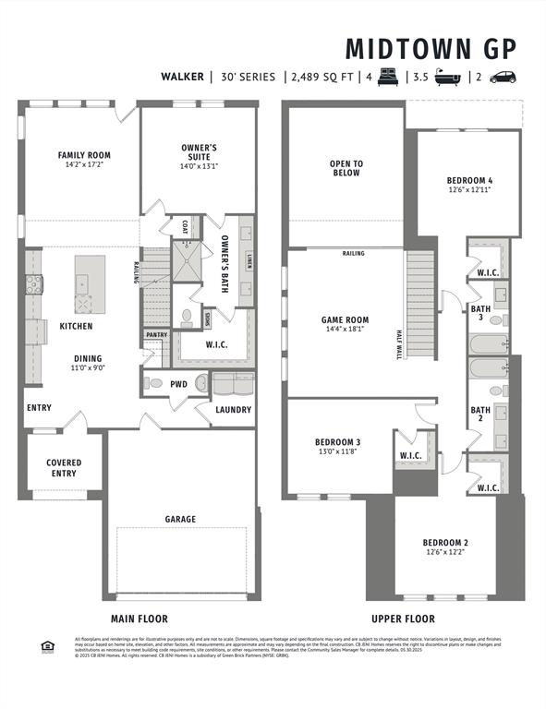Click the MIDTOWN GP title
(431, 48)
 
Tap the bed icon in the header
(389, 77)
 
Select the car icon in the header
(504, 77)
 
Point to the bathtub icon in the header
(449, 77)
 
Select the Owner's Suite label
(199, 152)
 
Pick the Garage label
(180, 519)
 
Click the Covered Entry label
(64, 468)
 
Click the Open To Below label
(346, 168)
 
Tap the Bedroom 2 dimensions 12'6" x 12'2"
(446, 552)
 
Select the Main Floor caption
(140, 619)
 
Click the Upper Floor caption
(403, 619)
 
